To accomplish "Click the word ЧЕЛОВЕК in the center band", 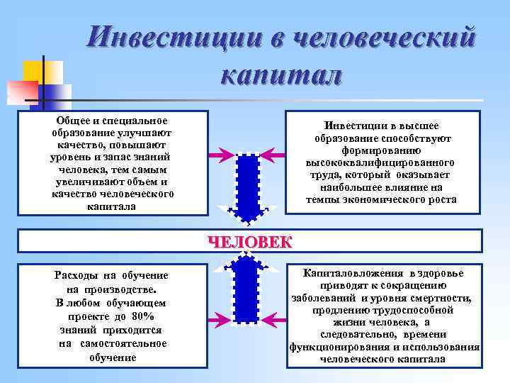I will (249, 241).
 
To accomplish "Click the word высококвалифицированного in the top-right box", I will (381, 162).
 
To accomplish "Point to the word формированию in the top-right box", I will (381, 150).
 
